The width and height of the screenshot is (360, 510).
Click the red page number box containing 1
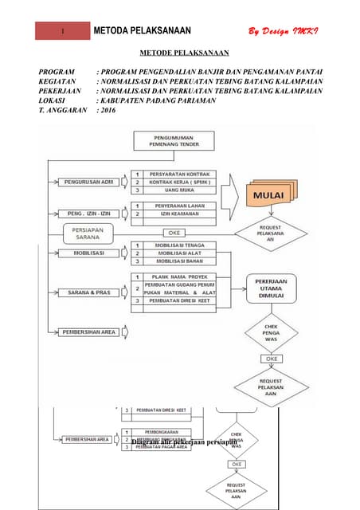(63, 31)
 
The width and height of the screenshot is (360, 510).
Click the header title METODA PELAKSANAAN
(143, 31)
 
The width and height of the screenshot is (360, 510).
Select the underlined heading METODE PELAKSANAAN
(185, 53)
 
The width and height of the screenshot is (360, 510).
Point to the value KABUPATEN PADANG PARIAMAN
(157, 101)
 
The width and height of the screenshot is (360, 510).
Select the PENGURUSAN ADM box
(88, 182)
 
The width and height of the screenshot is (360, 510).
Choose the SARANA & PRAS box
(89, 292)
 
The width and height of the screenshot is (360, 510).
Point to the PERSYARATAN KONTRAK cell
(179, 173)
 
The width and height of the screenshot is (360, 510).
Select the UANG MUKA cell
(179, 190)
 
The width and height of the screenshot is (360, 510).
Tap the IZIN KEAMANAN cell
(179, 214)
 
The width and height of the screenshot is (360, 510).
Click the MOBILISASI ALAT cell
(179, 253)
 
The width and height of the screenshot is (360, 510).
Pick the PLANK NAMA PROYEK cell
(179, 276)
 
